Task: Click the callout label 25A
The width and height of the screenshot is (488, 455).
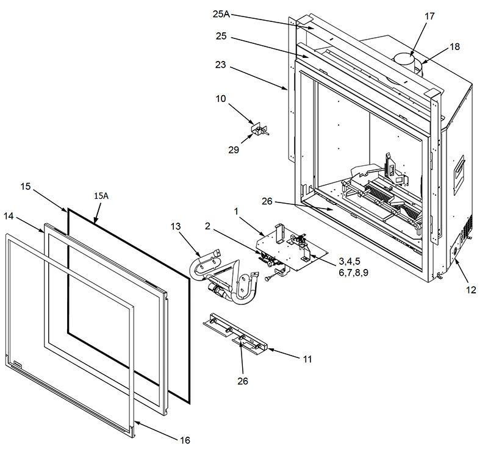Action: [221, 14]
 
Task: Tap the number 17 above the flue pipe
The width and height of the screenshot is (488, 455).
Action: [429, 16]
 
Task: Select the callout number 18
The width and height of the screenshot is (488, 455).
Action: [454, 47]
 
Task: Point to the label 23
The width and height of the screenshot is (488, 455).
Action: [220, 65]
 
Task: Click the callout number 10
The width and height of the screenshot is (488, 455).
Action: [221, 99]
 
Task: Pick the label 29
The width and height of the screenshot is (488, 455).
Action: [234, 149]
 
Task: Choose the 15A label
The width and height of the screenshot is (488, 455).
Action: [101, 196]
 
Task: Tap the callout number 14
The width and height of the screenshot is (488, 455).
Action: [9, 216]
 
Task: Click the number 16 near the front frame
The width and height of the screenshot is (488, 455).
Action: [185, 440]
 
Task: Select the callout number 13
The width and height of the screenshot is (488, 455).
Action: [176, 226]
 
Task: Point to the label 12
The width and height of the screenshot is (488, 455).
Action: [471, 290]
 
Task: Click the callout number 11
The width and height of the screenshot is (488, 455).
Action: [307, 359]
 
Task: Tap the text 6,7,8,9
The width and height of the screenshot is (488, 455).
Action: [354, 273]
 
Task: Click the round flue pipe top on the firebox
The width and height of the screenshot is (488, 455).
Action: [404, 58]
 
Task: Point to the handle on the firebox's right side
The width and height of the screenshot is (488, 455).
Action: [459, 175]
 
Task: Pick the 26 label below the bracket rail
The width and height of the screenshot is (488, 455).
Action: [243, 381]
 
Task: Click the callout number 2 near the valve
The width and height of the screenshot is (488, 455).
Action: [207, 226]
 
